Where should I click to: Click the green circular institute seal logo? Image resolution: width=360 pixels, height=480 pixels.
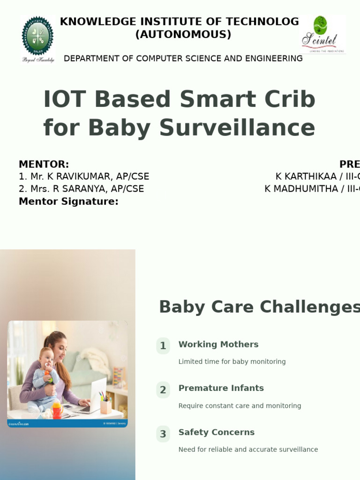[38, 36]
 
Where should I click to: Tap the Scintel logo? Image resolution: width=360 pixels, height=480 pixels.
[322, 34]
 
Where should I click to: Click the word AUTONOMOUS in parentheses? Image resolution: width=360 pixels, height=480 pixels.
[183, 35]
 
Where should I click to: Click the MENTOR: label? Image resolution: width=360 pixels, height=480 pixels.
[44, 164]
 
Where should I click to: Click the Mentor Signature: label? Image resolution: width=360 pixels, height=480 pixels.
[68, 202]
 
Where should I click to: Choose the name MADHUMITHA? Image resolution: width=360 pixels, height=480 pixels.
[305, 189]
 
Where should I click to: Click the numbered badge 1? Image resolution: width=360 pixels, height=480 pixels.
[163, 346]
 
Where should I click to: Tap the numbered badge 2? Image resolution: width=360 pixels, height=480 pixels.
[163, 390]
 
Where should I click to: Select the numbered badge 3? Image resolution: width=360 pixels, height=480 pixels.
[163, 434]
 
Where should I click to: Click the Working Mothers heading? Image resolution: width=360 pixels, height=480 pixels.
[218, 345]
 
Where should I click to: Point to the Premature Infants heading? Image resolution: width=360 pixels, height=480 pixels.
[221, 388]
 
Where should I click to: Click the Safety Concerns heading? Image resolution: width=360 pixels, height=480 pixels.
[216, 432]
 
